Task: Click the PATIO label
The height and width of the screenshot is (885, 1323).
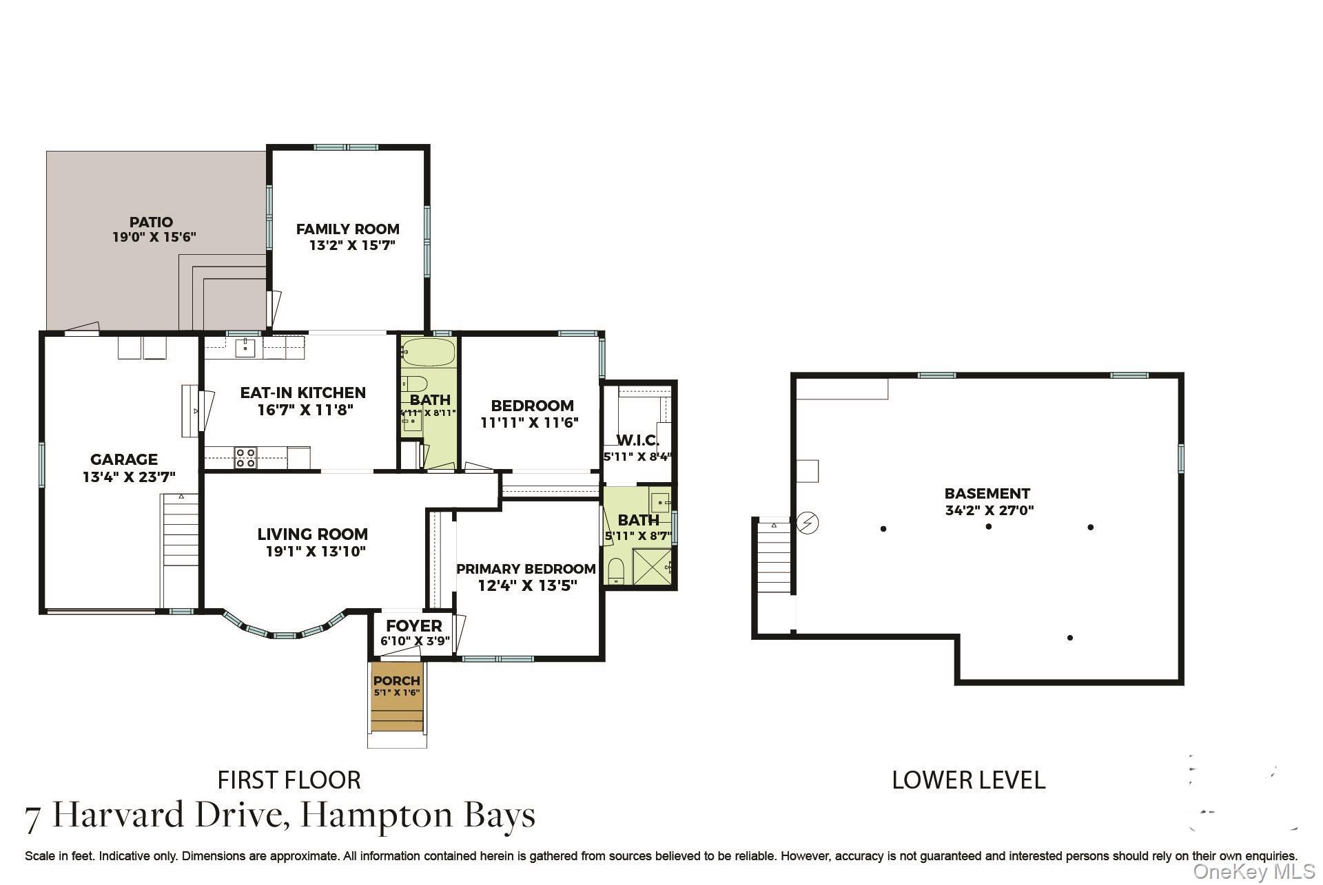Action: point(151,222)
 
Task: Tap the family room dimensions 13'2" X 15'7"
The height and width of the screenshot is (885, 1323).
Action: point(351,245)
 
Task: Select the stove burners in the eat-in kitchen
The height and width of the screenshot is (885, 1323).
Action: point(245,458)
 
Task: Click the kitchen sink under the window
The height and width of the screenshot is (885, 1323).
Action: point(245,348)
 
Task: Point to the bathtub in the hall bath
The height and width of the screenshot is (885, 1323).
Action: point(428,352)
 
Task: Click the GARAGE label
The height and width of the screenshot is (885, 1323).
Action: point(124,459)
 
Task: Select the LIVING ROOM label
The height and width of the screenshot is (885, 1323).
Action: point(313,534)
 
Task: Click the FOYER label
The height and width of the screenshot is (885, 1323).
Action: point(413,626)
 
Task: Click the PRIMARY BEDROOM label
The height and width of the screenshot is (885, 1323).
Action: point(526,569)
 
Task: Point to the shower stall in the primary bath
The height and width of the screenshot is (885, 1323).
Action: point(650,566)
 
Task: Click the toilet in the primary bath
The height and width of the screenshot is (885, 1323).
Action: point(616,571)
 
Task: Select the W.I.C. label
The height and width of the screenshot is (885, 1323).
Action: point(637,441)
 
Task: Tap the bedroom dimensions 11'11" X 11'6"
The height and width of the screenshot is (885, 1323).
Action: point(529,423)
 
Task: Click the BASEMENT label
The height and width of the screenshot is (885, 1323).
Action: point(987,494)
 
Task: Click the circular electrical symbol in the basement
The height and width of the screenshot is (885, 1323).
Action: point(808,523)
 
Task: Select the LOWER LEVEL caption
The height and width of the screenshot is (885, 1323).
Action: point(968,780)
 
